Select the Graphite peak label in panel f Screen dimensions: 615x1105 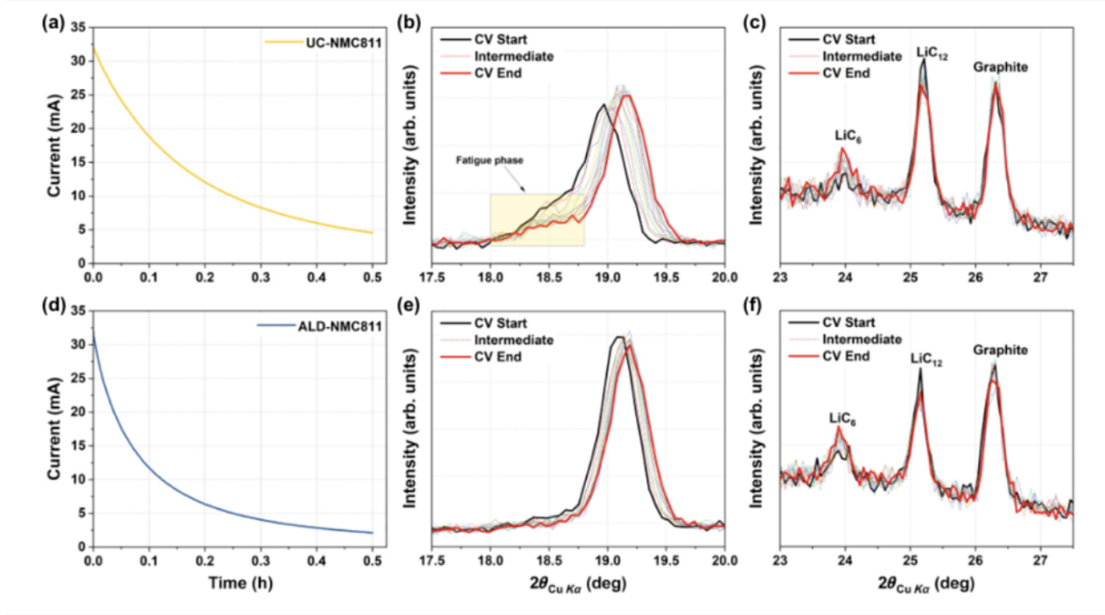(1000, 350)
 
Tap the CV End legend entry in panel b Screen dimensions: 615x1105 (500, 74)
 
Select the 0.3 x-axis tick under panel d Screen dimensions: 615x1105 (261, 562)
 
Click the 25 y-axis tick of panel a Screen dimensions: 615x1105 (79, 95)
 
